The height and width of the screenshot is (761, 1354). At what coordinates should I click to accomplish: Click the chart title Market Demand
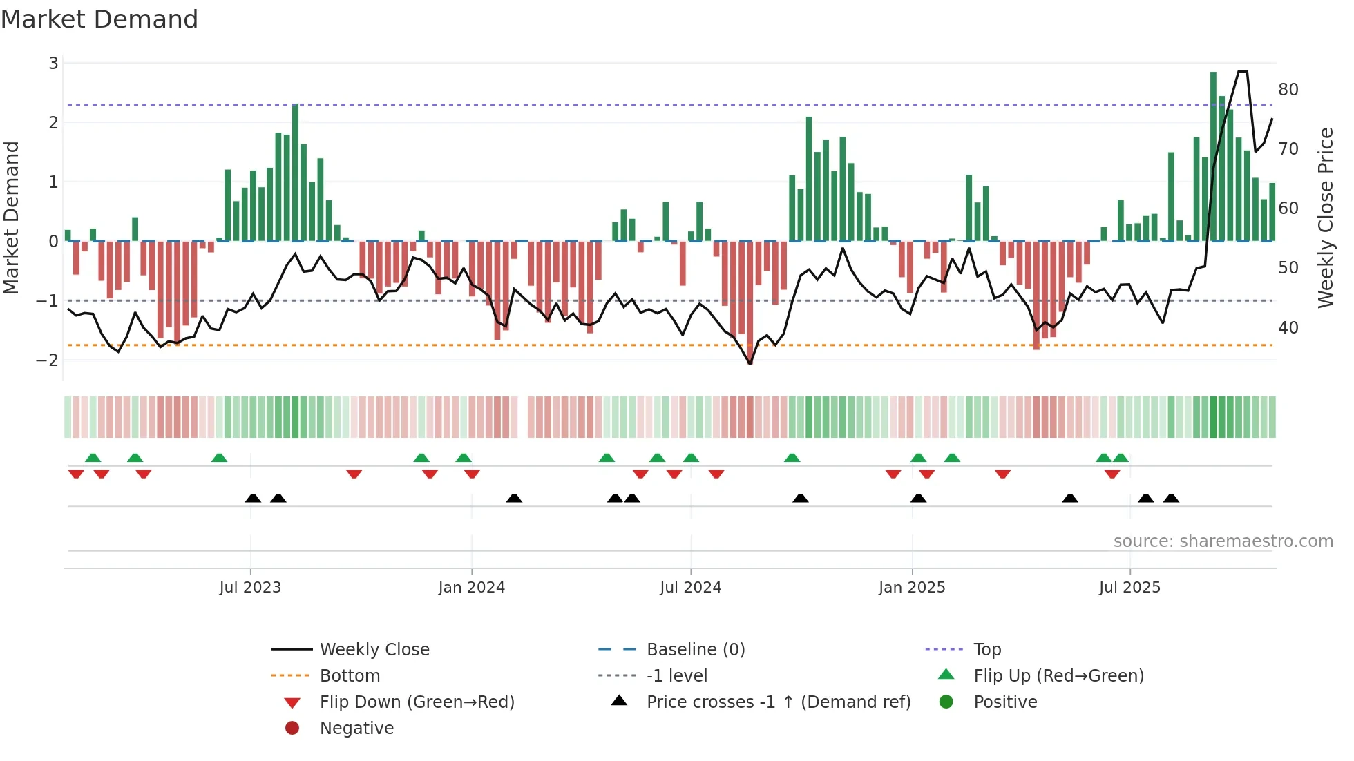tap(99, 19)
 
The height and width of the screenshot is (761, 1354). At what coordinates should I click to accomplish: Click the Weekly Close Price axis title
tap(1325, 218)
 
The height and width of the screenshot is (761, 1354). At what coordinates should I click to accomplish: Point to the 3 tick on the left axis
tap(53, 64)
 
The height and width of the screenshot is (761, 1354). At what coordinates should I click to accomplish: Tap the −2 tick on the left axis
tap(48, 360)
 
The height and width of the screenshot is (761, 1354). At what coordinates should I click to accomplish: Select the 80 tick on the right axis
tap(1288, 90)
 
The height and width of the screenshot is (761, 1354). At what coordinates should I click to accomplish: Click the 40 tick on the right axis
tap(1288, 327)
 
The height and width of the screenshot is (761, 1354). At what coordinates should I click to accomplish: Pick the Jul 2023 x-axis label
tap(250, 588)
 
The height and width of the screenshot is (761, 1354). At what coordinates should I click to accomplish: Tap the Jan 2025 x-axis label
tap(912, 588)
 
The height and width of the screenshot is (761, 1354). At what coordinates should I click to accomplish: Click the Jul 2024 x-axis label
tap(690, 588)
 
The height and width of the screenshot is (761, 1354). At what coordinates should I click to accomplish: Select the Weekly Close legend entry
tap(374, 649)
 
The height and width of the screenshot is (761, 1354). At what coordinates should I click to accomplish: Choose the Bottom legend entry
tap(350, 675)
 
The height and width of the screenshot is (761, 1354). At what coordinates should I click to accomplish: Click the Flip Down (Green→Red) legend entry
tap(417, 702)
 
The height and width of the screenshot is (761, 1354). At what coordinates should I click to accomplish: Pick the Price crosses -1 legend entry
tap(779, 702)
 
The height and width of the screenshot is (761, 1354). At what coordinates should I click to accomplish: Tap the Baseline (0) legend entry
tap(696, 649)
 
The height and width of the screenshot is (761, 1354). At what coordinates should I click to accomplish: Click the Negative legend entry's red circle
tap(292, 728)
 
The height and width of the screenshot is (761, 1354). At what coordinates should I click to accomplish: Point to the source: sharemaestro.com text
tap(1223, 541)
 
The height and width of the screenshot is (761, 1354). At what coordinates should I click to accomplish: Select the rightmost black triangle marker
tap(1171, 498)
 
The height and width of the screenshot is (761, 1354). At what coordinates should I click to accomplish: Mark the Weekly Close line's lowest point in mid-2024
tap(750, 363)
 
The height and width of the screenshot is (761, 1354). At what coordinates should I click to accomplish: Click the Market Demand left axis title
tap(12, 218)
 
